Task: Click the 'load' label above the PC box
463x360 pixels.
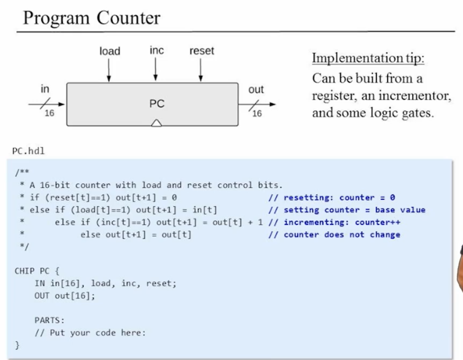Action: (x=110, y=51)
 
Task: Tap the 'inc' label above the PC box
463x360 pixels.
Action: (x=157, y=50)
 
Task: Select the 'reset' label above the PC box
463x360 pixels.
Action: (x=202, y=51)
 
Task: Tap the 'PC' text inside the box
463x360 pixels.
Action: (x=157, y=104)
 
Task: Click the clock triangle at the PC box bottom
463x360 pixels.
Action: (x=157, y=123)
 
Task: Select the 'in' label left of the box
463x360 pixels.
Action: (x=45, y=89)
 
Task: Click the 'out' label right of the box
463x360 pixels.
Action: (x=256, y=89)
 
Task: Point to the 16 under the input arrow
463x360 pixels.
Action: (x=49, y=113)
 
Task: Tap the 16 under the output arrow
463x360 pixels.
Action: (x=257, y=113)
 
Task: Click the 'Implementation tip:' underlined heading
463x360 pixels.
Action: (x=368, y=58)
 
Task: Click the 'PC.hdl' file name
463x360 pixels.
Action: (x=28, y=151)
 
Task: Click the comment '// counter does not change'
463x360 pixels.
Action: (x=334, y=235)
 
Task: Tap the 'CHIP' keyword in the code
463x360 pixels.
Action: (x=24, y=271)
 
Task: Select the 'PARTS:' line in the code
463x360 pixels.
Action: (x=49, y=320)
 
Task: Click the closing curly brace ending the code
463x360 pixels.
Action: (x=17, y=345)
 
